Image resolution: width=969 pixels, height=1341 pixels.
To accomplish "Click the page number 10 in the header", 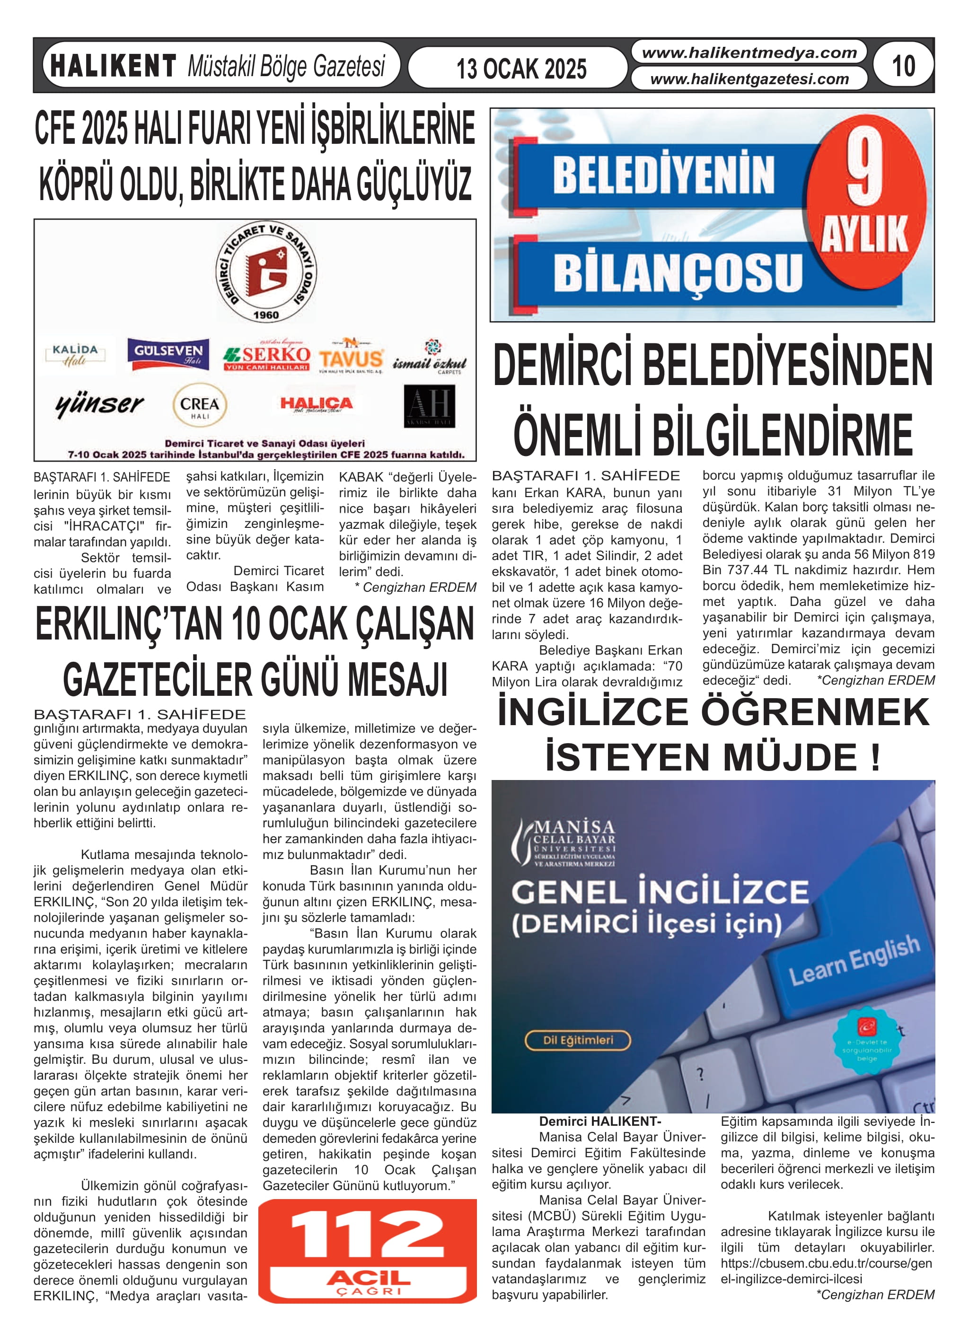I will pos(903,66).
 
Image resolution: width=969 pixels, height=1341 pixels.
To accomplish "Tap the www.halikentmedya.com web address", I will pos(749,53).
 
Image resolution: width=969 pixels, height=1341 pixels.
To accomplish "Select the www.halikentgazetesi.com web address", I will pos(749,79).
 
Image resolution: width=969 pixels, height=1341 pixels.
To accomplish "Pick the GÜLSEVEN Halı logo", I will pos(168,354).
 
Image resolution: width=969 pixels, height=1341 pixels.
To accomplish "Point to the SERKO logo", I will pos(267,357).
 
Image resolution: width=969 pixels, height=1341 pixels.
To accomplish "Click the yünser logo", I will pos(99,405).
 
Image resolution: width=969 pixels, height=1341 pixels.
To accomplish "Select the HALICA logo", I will pos(317,404).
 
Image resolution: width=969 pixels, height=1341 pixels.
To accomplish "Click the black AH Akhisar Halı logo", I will pos(430,406).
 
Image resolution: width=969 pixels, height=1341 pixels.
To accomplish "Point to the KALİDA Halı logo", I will pos(75,355).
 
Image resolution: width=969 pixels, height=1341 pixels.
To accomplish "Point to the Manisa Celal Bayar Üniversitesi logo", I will pos(565,842).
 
